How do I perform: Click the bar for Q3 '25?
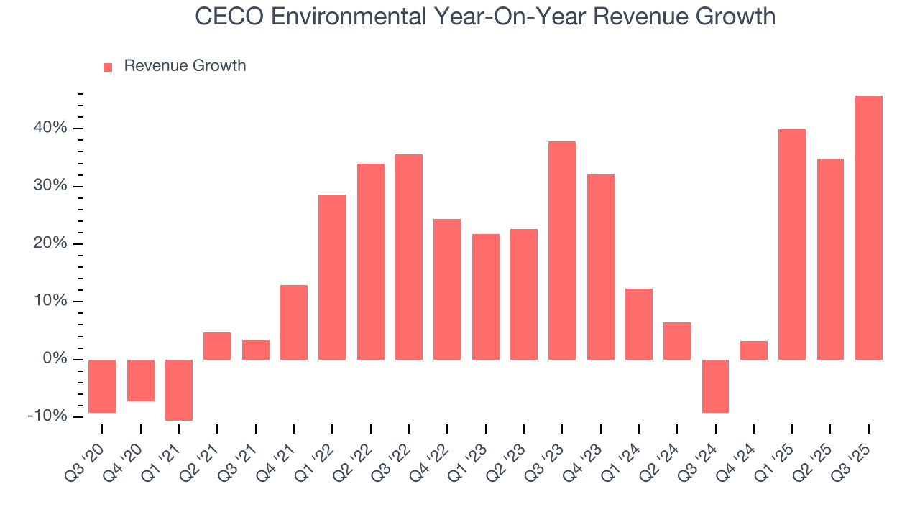click(x=868, y=227)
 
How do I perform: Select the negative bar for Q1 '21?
click(x=179, y=390)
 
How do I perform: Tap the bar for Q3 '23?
click(x=562, y=250)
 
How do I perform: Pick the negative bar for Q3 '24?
click(x=715, y=386)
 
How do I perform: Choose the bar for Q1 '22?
click(x=332, y=276)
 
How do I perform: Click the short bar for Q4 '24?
click(x=754, y=350)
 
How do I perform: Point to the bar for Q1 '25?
click(x=792, y=244)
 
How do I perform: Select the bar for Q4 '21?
click(x=294, y=322)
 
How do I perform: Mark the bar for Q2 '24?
click(x=677, y=340)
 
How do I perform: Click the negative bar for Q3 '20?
click(x=102, y=386)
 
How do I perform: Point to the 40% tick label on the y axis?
click(x=50, y=129)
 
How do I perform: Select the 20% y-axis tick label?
click(x=50, y=243)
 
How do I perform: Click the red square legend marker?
click(x=108, y=67)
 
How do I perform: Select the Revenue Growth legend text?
click(x=185, y=66)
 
